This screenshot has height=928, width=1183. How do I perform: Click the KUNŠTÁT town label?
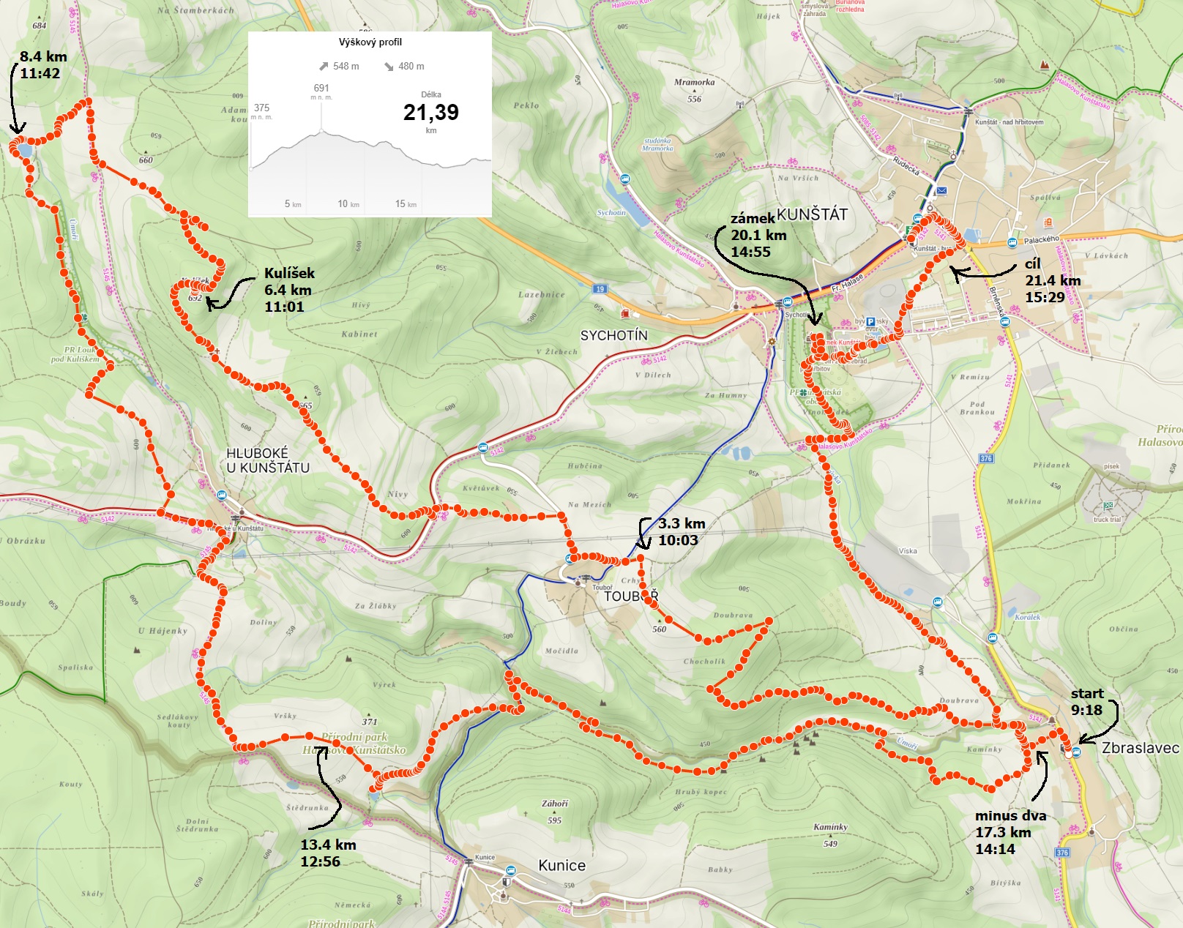pos(812,214)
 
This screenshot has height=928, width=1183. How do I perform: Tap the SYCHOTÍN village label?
pos(613,335)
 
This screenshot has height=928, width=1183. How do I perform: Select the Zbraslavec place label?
pos(1140,748)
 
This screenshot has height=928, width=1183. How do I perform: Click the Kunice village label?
pos(561,865)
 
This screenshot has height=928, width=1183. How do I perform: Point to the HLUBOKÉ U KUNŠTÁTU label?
pos(267,460)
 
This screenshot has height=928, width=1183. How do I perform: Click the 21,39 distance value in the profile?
pos(430,112)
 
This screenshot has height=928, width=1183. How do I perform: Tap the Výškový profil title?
pos(370,42)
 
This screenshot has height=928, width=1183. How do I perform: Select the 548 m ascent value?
pos(346,67)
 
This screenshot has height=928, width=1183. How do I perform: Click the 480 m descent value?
pos(411,67)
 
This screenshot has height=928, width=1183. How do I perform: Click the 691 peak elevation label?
pos(321,88)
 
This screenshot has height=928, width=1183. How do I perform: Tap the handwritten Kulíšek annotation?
pos(289,273)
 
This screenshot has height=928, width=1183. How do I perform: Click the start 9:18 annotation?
pos(1086,701)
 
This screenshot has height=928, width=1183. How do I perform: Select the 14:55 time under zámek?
pos(750,252)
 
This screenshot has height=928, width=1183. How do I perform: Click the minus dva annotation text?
pos(1010,815)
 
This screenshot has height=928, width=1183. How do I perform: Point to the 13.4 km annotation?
pos(328,845)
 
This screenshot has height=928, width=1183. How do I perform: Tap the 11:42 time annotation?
pos(40,73)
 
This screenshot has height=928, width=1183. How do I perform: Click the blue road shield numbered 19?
pos(600,289)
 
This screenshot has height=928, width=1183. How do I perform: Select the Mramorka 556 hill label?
pos(694,90)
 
